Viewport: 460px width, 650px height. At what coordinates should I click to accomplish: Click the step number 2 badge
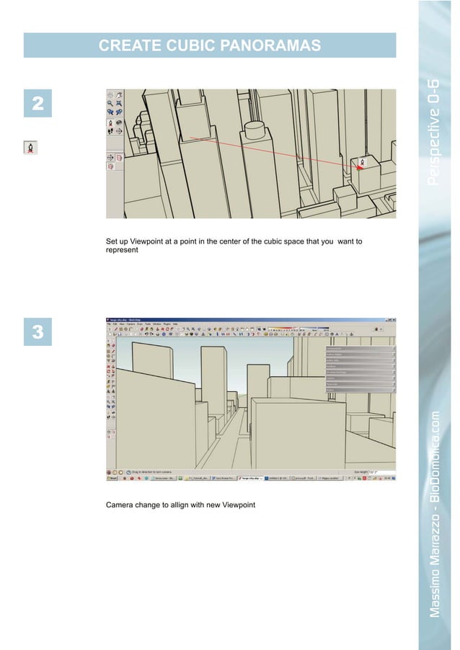[x=37, y=104]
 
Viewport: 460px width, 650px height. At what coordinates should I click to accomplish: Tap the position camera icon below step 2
[x=32, y=148]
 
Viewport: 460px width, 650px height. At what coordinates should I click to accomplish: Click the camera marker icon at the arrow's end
[x=362, y=163]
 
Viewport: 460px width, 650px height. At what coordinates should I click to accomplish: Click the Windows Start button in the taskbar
[x=112, y=478]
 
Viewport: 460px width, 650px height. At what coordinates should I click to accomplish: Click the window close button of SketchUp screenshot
[x=394, y=319]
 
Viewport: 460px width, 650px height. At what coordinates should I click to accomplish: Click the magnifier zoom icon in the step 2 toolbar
[x=110, y=104]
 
